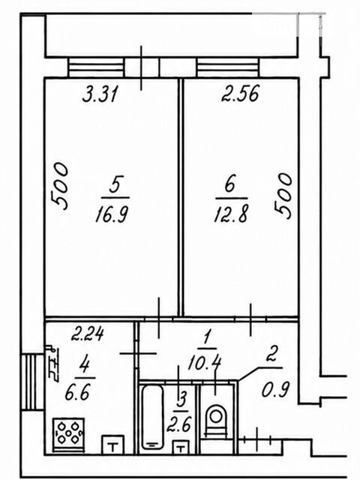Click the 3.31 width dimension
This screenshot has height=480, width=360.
pyautogui.click(x=100, y=94)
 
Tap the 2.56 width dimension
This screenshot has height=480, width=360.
pyautogui.click(x=240, y=93)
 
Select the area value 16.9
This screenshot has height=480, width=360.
pyautogui.click(x=112, y=214)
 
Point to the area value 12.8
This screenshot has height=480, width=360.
pyautogui.click(x=231, y=213)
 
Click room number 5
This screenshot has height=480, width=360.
pyautogui.click(x=115, y=184)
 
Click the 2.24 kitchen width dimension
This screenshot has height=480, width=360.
pyautogui.click(x=88, y=334)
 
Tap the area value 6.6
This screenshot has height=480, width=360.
pyautogui.click(x=78, y=392)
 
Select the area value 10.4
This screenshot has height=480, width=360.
pyautogui.click(x=205, y=363)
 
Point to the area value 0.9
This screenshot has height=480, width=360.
pyautogui.click(x=275, y=389)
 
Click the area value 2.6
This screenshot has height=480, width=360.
pyautogui.click(x=179, y=424)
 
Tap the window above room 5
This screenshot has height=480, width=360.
pyautogui.click(x=97, y=67)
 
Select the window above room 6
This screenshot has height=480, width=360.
pyautogui.click(x=228, y=67)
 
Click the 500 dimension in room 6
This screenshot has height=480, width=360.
pyautogui.click(x=283, y=196)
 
